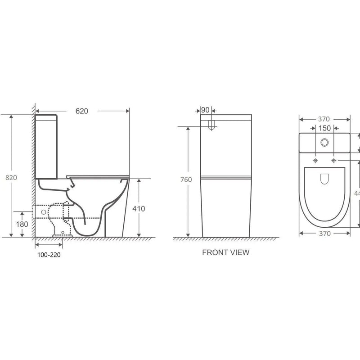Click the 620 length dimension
(81, 110)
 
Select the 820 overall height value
(11, 177)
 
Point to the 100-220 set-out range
(47, 255)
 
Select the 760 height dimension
(185, 180)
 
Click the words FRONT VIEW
(225, 252)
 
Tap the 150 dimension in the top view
(325, 128)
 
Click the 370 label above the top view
(324, 119)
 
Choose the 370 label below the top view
(324, 234)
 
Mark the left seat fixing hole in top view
(315, 161)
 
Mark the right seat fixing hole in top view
(333, 161)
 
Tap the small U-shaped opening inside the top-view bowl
(324, 180)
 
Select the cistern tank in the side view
(47, 146)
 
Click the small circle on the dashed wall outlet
(43, 210)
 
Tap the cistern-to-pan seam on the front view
(225, 177)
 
